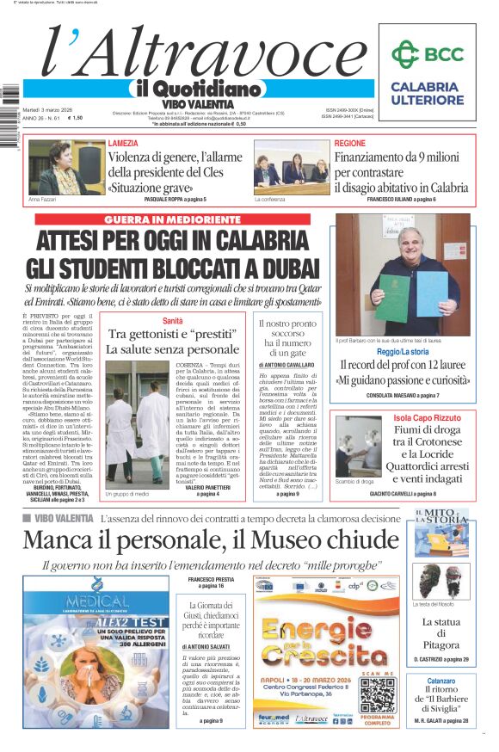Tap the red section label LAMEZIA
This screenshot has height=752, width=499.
point(124,143)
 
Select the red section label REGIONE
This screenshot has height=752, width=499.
point(349,143)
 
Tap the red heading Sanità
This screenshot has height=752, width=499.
point(173,321)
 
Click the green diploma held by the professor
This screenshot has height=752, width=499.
point(392,296)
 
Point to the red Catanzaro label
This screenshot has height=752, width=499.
point(441,681)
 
